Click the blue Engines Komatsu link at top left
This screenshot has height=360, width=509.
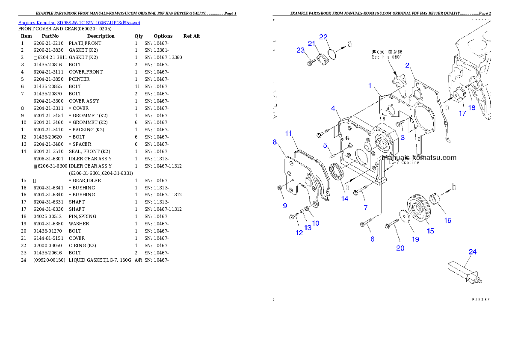coord(79,23)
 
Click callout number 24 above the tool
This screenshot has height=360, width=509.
coord(472,252)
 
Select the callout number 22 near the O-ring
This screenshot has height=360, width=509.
coord(323,37)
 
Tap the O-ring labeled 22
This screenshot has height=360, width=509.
coord(332,54)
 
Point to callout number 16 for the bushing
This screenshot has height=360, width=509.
coord(447,221)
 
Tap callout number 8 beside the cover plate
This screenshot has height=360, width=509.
coord(275,142)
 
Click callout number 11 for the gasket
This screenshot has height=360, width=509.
coord(289,133)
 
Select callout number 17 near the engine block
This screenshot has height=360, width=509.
coord(462,113)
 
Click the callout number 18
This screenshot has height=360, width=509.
coord(472,108)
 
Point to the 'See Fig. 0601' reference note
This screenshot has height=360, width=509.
coord(387,54)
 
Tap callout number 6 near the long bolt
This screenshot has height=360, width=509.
coord(373,239)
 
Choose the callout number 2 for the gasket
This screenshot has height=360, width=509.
coord(407,65)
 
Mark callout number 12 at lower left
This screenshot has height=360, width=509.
coord(299,233)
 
